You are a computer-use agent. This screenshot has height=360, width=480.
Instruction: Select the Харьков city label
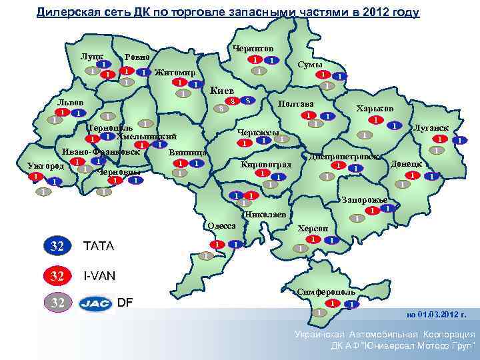[375, 108]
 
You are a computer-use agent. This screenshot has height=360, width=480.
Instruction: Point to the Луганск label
[431, 127]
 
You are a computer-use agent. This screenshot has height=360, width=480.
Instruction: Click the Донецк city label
[406, 163]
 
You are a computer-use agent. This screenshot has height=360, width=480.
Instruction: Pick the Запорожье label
[364, 199]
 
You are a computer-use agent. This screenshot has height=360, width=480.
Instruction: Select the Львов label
[70, 102]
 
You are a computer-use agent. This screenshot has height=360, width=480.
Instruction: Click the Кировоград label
[266, 163]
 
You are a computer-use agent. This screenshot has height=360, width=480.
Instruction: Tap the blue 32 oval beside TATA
[59, 245]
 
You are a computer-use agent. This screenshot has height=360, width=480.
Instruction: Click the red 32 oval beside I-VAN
[59, 274]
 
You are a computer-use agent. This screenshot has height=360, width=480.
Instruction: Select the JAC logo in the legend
[96, 303]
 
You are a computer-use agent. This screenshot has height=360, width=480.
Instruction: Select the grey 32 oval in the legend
[59, 303]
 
